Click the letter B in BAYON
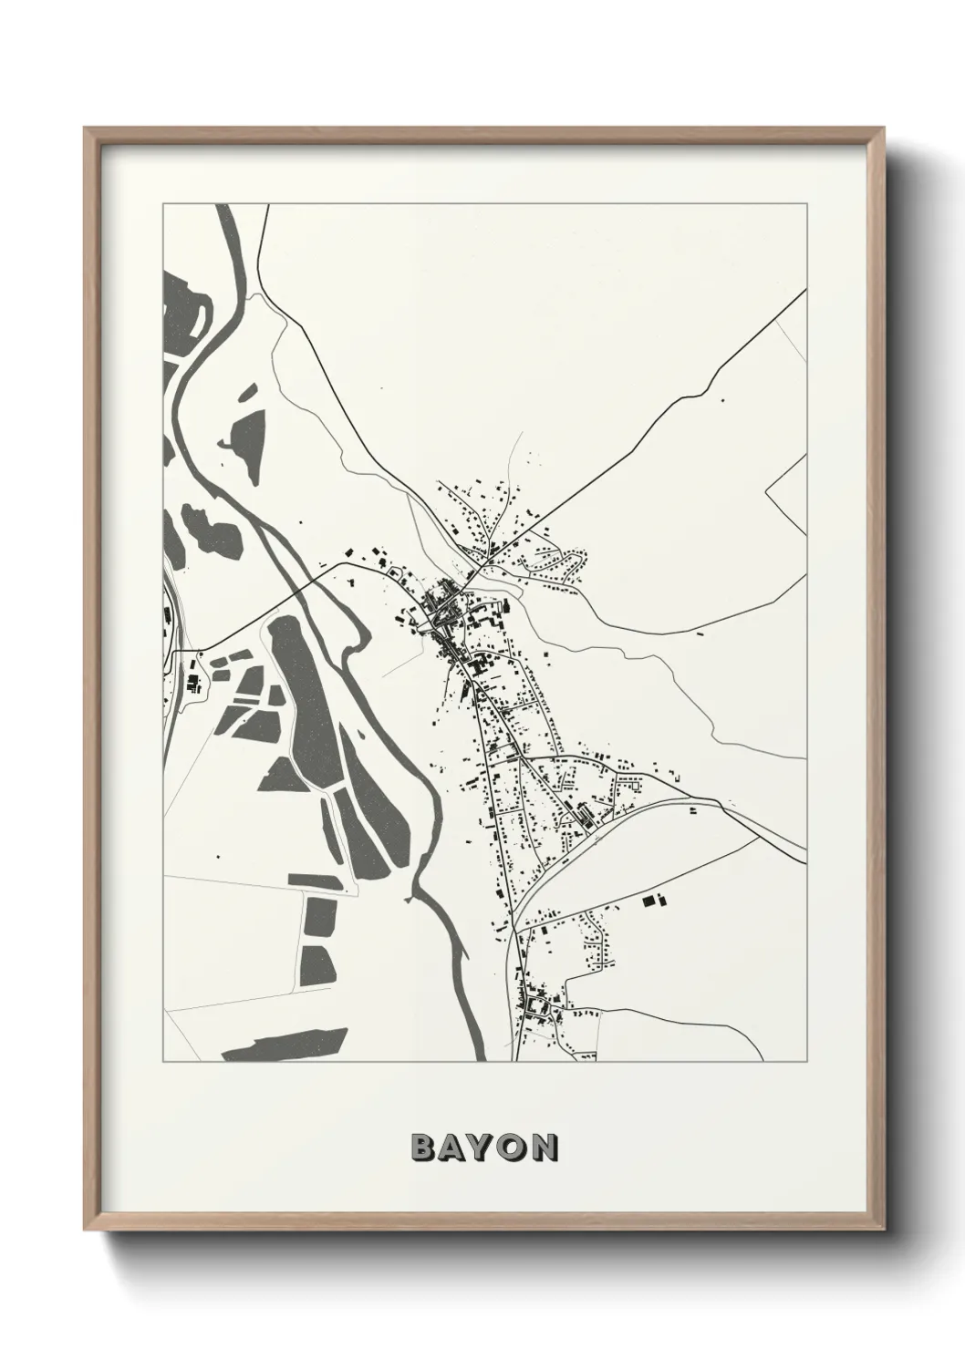click(423, 1148)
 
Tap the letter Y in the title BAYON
click(483, 1148)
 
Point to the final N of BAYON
click(545, 1148)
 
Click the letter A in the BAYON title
click(453, 1148)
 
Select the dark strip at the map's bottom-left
click(283, 1044)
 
